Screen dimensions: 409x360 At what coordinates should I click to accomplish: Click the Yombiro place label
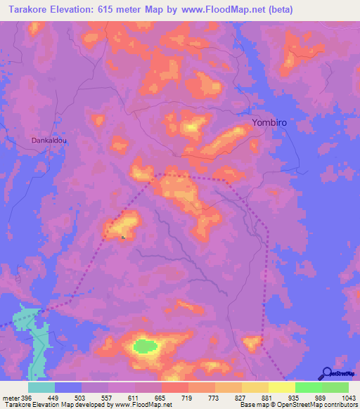[x=269, y=122]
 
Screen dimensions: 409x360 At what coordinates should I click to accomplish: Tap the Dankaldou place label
[x=49, y=141]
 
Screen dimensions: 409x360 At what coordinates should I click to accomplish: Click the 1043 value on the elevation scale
[x=348, y=398]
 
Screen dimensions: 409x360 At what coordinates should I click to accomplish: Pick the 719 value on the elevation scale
[x=188, y=398]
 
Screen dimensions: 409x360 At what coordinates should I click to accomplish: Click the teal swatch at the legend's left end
[x=41, y=387]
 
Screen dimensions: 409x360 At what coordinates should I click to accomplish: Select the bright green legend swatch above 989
[x=309, y=387]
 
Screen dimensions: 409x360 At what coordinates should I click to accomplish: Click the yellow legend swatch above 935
[x=282, y=387]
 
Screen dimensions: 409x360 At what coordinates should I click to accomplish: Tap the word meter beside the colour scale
[x=11, y=398]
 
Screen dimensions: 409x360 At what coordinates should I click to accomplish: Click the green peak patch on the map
[x=146, y=346]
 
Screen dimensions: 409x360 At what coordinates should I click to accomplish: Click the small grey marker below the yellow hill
[x=124, y=238]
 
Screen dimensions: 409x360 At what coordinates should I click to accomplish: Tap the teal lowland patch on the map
[x=33, y=330]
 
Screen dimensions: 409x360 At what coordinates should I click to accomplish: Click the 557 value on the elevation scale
[x=108, y=398]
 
